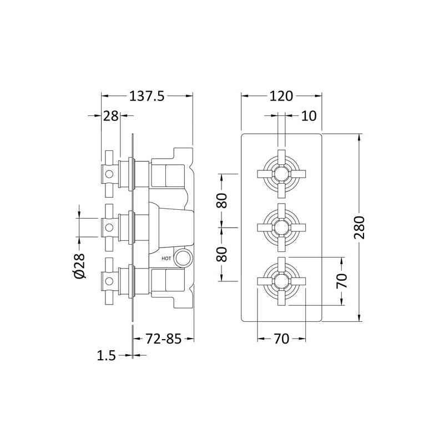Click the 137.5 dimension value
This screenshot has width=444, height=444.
pyautogui.click(x=147, y=96)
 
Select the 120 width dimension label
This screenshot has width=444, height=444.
pyautogui.click(x=281, y=96)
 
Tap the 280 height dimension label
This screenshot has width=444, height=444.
pyautogui.click(x=359, y=228)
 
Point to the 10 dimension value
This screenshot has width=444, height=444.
pyautogui.click(x=309, y=116)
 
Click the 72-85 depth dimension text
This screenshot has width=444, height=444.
pyautogui.click(x=163, y=339)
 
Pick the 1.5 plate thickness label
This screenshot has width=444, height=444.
pyautogui.click(x=107, y=356)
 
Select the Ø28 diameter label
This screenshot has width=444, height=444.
pyautogui.click(x=79, y=266)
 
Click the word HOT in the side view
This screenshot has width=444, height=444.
pyautogui.click(x=166, y=258)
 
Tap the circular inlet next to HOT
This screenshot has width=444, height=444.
pyautogui.click(x=183, y=258)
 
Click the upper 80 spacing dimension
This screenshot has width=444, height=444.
pyautogui.click(x=222, y=200)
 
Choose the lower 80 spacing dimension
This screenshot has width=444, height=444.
pyautogui.click(x=222, y=254)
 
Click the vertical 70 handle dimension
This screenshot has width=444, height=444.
pyautogui.click(x=342, y=281)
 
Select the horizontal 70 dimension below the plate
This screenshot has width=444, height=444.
pyautogui.click(x=281, y=339)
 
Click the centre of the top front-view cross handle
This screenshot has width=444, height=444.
pyautogui.click(x=281, y=174)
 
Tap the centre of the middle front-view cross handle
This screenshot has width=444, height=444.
pyautogui.click(x=281, y=228)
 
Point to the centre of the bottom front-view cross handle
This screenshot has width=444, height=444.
pyautogui.click(x=281, y=281)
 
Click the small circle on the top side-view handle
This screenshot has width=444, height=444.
pyautogui.click(x=109, y=174)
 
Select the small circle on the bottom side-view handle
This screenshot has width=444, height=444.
pyautogui.click(x=109, y=281)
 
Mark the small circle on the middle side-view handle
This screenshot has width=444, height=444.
pyautogui.click(x=109, y=228)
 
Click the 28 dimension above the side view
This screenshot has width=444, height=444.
pyautogui.click(x=110, y=116)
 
